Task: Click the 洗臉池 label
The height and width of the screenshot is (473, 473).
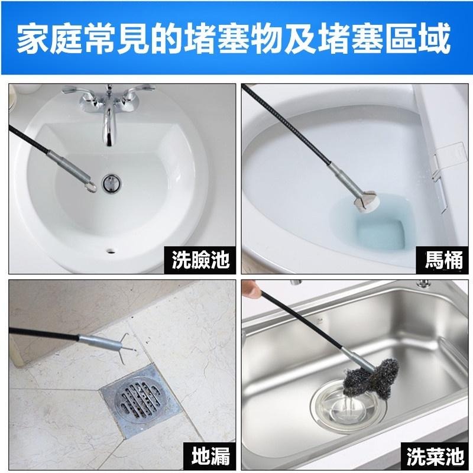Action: point(200,260)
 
